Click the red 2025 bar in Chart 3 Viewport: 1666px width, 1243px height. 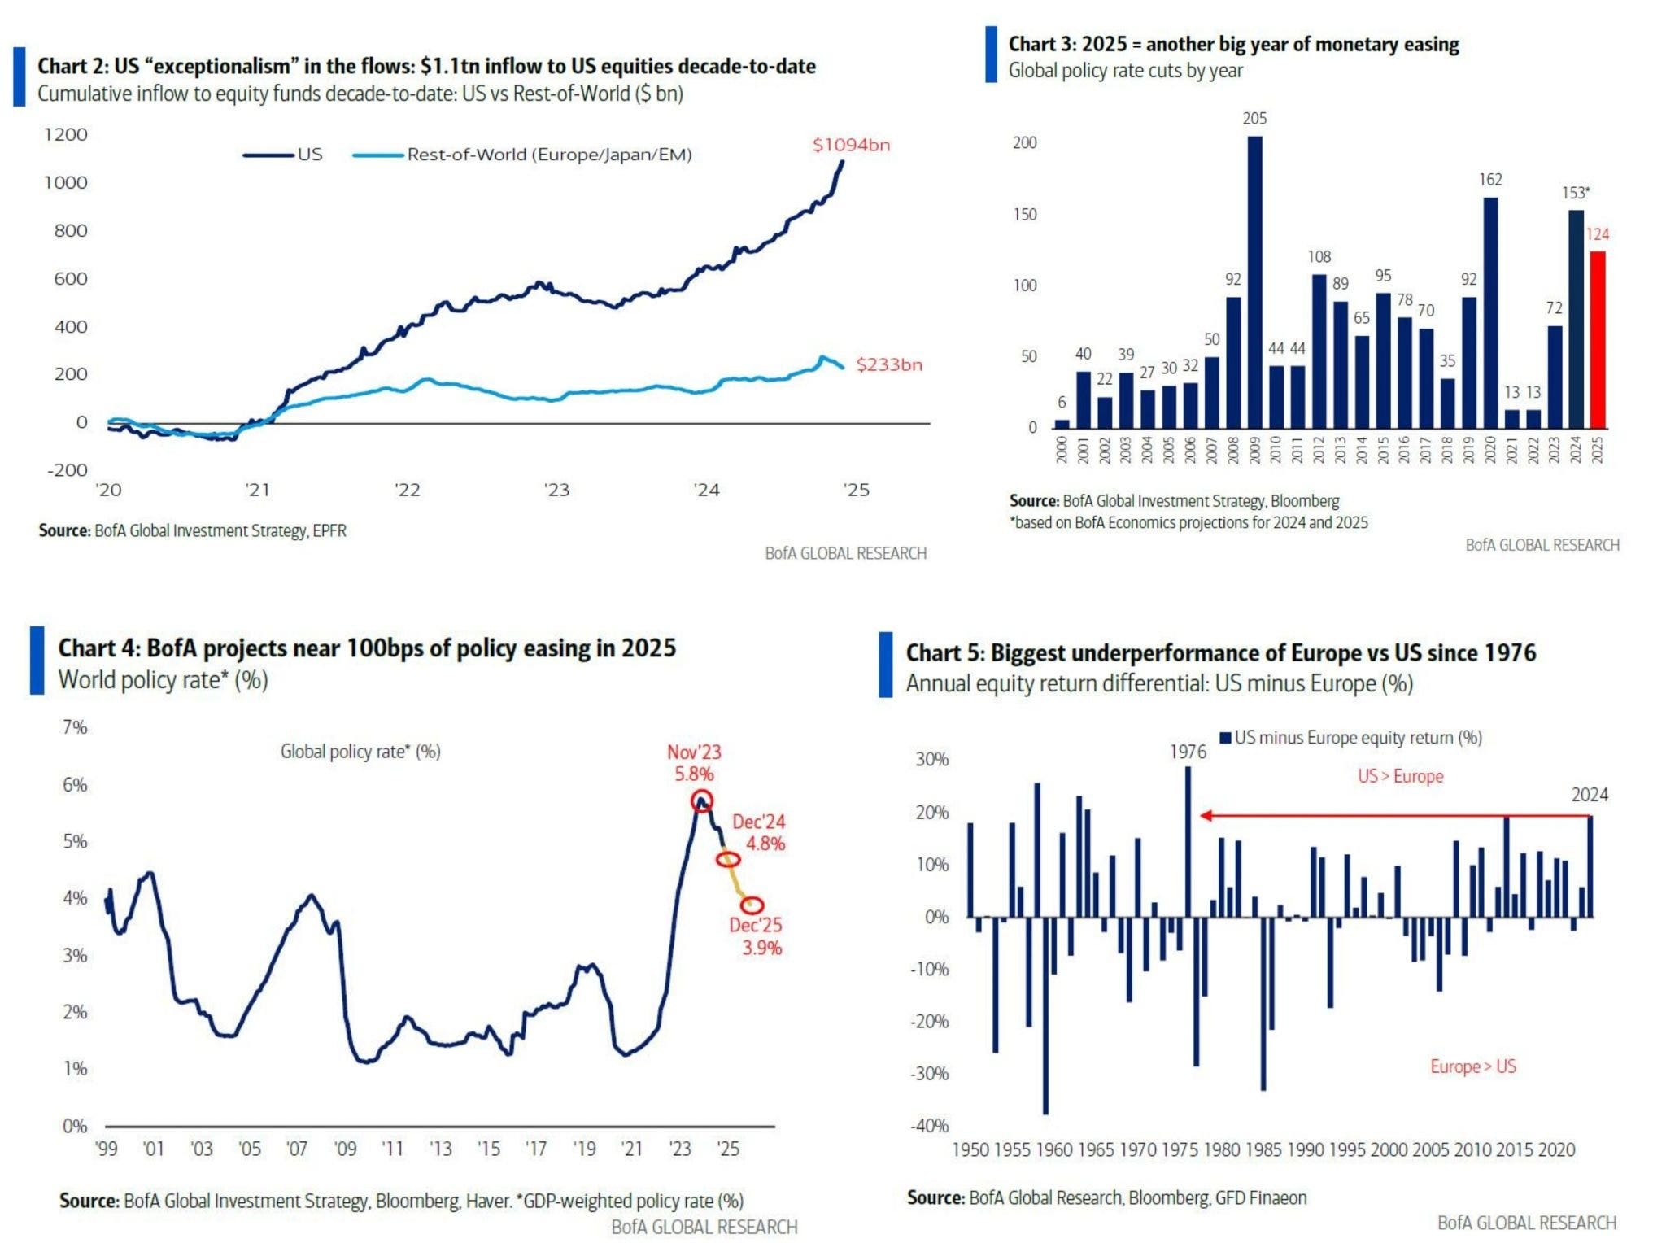(1597, 339)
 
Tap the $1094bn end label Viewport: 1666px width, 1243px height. (851, 146)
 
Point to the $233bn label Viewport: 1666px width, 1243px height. (888, 365)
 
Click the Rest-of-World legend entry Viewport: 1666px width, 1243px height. (549, 155)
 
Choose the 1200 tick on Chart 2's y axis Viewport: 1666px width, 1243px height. (66, 135)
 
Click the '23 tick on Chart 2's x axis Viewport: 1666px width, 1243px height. (557, 490)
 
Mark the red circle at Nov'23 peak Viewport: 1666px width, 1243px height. (702, 801)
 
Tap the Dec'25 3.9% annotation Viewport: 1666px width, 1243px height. (756, 936)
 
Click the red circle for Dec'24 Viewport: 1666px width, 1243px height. (728, 859)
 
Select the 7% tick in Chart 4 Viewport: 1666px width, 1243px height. (75, 727)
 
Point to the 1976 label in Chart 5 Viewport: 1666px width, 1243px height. (1188, 752)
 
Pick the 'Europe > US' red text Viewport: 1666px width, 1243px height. (1472, 1066)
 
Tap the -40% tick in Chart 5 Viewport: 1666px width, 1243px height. (929, 1126)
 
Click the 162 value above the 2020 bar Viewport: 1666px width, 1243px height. (1490, 180)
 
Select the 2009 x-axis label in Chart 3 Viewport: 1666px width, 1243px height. (1254, 450)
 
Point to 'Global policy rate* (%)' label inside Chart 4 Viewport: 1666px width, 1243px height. (360, 752)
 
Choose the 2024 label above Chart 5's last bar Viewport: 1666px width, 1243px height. (1589, 795)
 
